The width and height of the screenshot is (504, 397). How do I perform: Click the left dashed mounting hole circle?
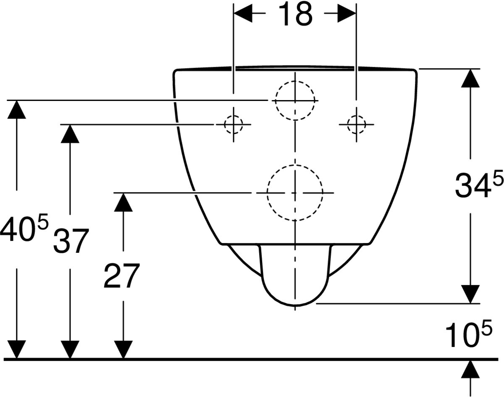click(233, 124)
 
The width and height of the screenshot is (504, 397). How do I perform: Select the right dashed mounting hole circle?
click(356, 124)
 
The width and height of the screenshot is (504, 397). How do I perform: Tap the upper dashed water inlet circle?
click(295, 101)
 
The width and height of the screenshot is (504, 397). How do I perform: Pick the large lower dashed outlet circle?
click(295, 192)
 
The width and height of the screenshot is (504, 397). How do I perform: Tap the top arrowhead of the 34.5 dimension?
click(470, 78)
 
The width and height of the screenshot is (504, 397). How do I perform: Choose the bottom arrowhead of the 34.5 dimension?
click(470, 293)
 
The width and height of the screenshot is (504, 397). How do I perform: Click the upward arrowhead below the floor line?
click(470, 370)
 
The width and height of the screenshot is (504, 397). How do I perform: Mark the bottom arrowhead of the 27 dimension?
click(123, 349)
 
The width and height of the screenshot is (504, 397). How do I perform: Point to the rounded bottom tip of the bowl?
click(295, 304)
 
